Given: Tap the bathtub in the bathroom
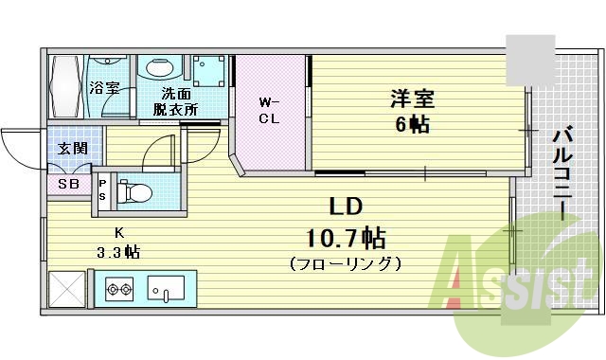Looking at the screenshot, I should coord(66,85).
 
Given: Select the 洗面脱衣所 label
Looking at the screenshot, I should coord(175,100).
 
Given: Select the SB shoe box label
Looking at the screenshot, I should coord(68,184).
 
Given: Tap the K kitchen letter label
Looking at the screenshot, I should coord(118,232).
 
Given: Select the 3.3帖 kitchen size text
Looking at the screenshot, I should coord(118,252).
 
